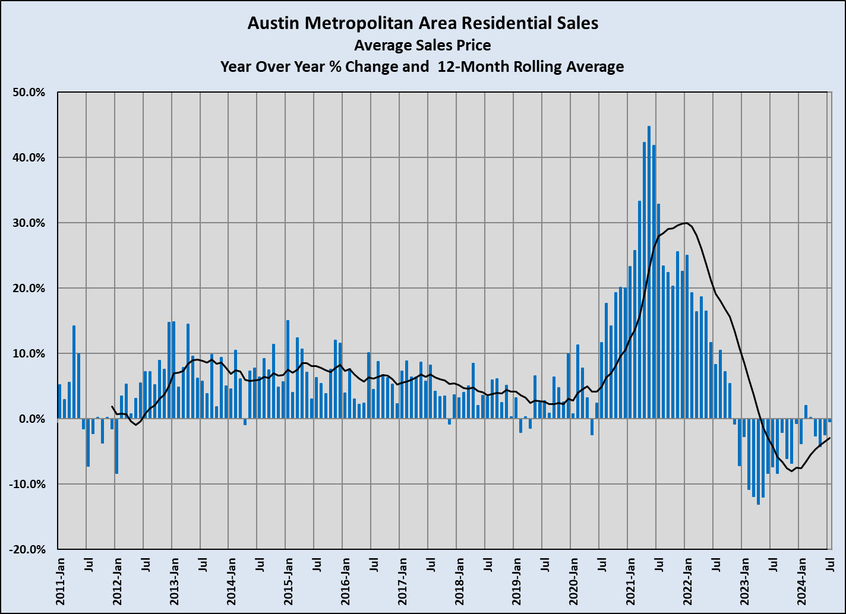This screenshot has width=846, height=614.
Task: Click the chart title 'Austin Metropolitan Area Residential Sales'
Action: (422, 23)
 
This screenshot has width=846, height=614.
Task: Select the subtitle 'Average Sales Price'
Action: (422, 45)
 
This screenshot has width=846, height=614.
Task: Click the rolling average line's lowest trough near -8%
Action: (791, 471)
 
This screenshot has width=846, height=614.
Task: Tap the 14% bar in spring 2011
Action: (74, 372)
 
